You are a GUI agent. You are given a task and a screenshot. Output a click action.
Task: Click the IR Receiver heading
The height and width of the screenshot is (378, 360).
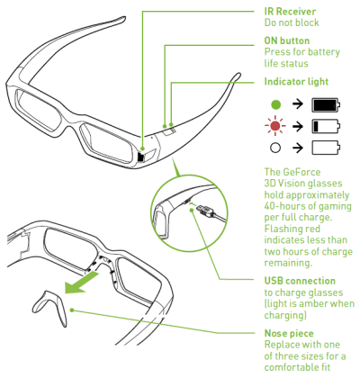[290, 12]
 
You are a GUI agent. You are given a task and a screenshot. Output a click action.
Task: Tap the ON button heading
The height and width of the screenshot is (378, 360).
[287, 40]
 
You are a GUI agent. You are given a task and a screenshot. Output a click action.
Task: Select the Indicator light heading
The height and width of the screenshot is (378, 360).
[296, 82]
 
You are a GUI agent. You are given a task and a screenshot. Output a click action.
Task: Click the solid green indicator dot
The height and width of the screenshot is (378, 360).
[275, 104]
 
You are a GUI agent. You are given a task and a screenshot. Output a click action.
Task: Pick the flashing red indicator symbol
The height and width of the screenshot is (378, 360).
[275, 126]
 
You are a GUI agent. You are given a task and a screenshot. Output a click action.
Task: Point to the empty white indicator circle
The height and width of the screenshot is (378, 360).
[275, 148]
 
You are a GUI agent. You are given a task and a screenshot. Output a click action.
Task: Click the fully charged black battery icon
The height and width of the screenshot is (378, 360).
[326, 105]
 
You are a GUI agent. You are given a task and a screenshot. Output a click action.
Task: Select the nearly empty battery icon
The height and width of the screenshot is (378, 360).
[326, 126]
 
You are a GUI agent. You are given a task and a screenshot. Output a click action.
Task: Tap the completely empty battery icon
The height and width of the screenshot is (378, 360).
[326, 148]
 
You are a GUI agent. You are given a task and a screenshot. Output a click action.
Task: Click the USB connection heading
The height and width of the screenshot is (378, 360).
[300, 281]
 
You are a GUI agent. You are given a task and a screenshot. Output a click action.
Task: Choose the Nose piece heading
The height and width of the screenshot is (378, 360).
[289, 333]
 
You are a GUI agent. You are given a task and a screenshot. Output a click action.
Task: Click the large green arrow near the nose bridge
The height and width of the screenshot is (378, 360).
[81, 283]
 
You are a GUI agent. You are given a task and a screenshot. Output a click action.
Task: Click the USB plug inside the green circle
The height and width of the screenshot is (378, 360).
[207, 211]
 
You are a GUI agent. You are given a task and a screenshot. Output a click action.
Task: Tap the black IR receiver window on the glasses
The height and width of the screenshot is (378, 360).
[140, 157]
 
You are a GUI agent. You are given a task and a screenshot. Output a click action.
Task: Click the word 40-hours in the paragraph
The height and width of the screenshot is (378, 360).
[283, 206]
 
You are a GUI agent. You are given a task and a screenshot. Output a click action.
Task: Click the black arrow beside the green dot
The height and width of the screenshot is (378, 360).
[297, 104]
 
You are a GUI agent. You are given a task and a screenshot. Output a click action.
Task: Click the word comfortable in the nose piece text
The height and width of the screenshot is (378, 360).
[289, 367]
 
